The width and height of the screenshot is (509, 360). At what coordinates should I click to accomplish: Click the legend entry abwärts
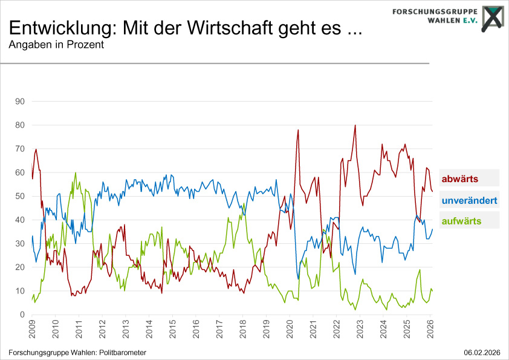[461, 179]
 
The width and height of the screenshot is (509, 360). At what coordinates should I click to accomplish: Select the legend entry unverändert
[470, 200]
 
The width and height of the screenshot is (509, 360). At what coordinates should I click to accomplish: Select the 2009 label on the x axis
[31, 331]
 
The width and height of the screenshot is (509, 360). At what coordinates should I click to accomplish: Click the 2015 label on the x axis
[172, 331]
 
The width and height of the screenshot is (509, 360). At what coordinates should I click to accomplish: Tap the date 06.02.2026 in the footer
[482, 352]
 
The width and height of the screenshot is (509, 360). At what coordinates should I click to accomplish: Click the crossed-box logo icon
[493, 16]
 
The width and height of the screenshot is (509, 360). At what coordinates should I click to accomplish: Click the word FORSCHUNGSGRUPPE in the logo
[434, 11]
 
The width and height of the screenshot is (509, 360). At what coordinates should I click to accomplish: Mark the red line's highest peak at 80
[355, 125]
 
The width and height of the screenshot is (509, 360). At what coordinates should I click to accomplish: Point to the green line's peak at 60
[76, 172]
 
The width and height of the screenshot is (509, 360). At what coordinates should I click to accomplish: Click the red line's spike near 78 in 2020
[298, 130]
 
